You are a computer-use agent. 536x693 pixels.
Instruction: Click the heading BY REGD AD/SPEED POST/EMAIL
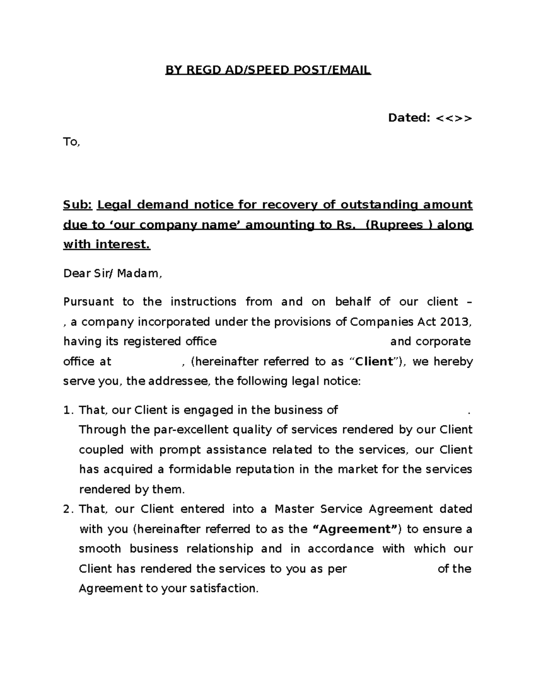click(268, 70)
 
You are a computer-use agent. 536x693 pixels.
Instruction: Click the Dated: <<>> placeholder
click(429, 118)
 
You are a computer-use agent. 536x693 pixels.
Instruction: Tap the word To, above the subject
click(71, 142)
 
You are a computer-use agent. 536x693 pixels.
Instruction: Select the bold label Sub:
click(77, 205)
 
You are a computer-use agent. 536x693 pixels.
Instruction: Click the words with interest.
click(107, 244)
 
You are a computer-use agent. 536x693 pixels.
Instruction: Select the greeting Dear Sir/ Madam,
click(113, 274)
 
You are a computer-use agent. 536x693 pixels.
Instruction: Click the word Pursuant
click(88, 302)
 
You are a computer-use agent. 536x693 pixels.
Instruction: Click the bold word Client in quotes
click(373, 361)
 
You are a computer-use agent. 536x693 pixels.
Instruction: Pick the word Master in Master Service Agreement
click(291, 509)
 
